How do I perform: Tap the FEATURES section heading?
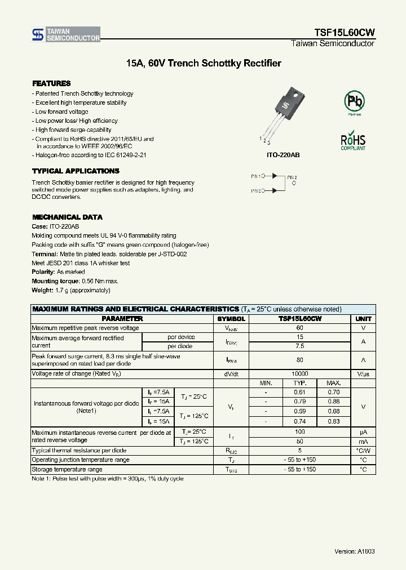point(51,83)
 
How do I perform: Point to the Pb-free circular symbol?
point(354,102)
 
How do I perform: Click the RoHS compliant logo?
point(353,141)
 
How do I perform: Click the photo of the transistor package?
point(280,112)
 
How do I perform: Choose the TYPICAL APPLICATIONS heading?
point(76,171)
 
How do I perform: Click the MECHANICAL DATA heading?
point(67,217)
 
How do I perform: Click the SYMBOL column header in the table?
point(231,319)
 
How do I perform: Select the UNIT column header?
point(363,319)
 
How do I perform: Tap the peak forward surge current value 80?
point(299,360)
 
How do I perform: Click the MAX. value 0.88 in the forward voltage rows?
point(334,402)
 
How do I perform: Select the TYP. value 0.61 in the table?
point(299,392)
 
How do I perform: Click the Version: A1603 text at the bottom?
point(354,551)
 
